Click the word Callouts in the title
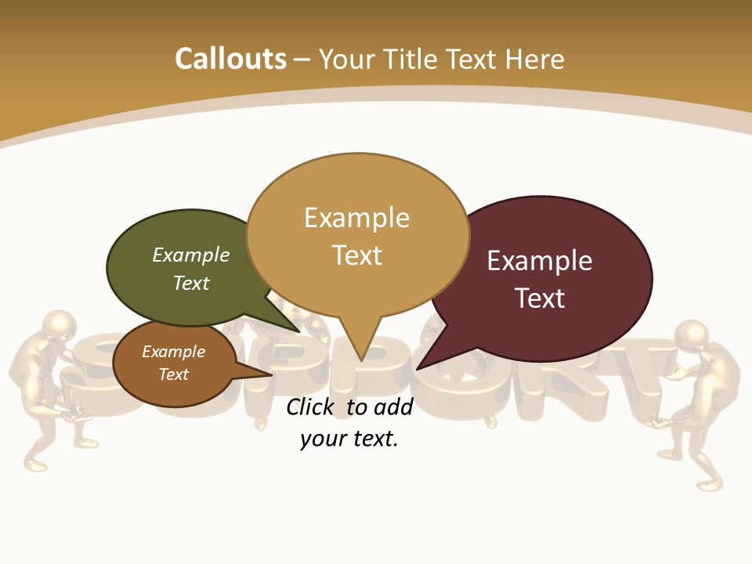click(x=230, y=59)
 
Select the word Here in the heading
click(x=535, y=60)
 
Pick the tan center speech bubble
click(x=357, y=235)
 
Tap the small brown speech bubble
click(x=174, y=363)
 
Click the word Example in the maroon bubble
click(x=540, y=261)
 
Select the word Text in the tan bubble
click(x=357, y=255)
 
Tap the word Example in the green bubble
click(x=191, y=255)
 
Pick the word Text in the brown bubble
click(x=174, y=374)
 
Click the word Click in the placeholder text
click(x=311, y=407)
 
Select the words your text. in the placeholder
click(x=349, y=439)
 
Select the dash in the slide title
click(x=302, y=60)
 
